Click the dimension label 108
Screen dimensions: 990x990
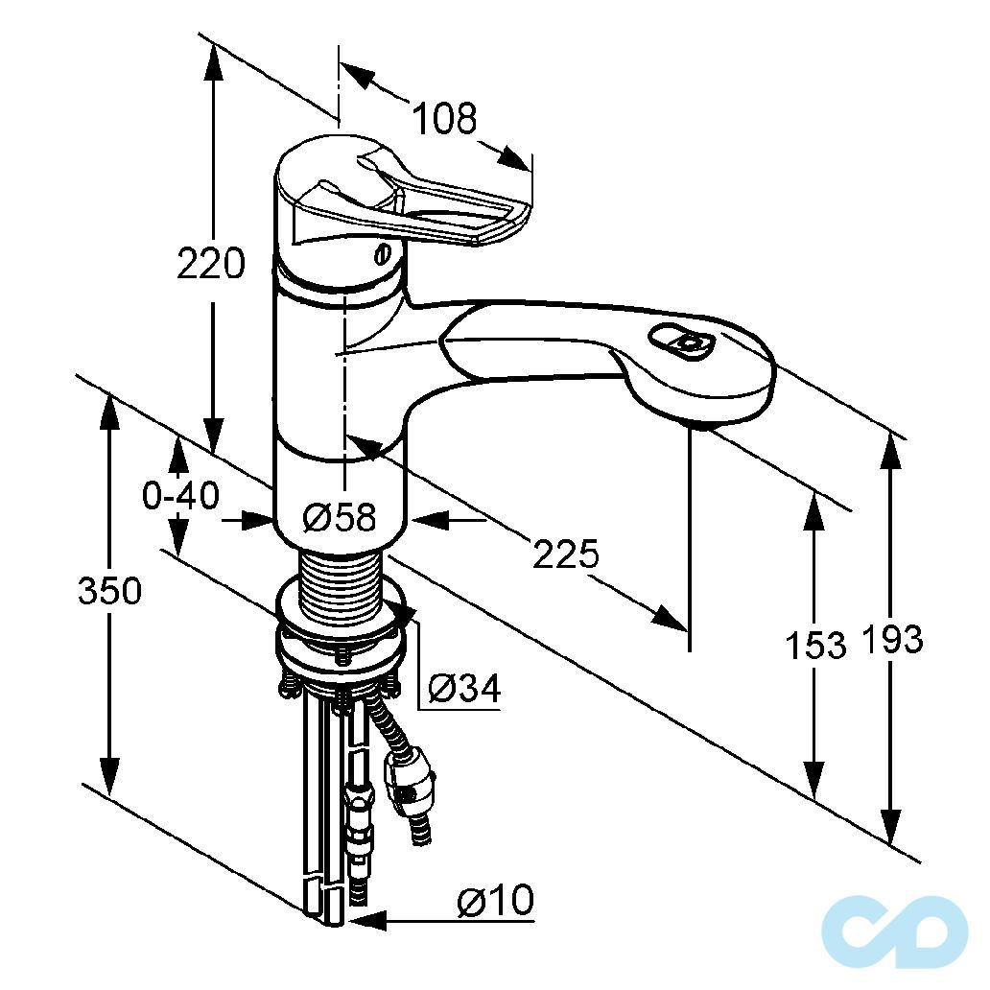444,119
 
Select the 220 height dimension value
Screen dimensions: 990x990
211,263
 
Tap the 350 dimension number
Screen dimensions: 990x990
109,592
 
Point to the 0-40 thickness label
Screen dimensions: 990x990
181,495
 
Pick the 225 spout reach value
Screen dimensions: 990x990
566,554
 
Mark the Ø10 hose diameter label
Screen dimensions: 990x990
495,901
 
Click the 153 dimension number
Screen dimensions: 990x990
815,645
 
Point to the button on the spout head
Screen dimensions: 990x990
683,342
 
